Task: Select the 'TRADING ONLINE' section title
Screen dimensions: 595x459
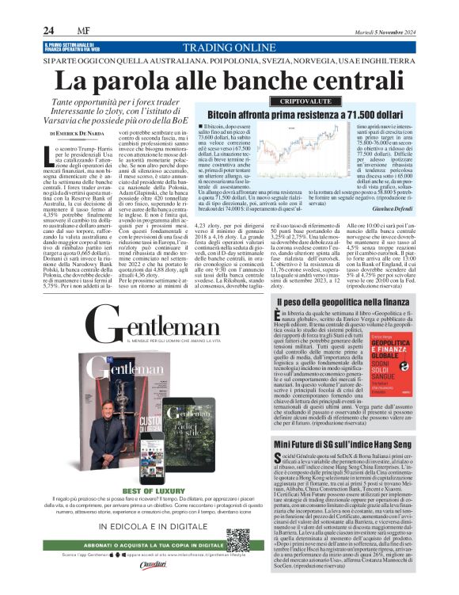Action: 231,48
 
